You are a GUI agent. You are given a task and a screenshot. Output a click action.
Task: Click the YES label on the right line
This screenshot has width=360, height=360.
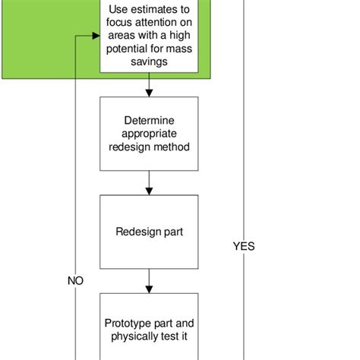pyautogui.click(x=243, y=246)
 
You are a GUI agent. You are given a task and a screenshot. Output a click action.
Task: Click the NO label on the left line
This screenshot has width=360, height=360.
pyautogui.click(x=75, y=280)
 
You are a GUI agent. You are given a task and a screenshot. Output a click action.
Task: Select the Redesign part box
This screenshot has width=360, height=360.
pyautogui.click(x=149, y=232)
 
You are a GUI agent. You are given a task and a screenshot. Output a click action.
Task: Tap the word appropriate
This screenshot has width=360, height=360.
pyautogui.click(x=149, y=134)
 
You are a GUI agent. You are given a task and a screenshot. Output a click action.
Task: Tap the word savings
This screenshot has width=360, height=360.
pyautogui.click(x=149, y=62)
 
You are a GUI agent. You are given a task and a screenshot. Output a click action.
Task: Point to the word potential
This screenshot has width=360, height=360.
pyautogui.click(x=128, y=49)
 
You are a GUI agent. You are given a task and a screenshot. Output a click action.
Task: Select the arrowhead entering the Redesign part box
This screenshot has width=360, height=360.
pyautogui.click(x=149, y=191)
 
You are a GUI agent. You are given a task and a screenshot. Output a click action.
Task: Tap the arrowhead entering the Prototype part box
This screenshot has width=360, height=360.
pyautogui.click(x=149, y=289)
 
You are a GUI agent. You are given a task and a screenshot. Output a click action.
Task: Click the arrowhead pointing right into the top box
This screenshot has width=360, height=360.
pyautogui.click(x=96, y=36)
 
